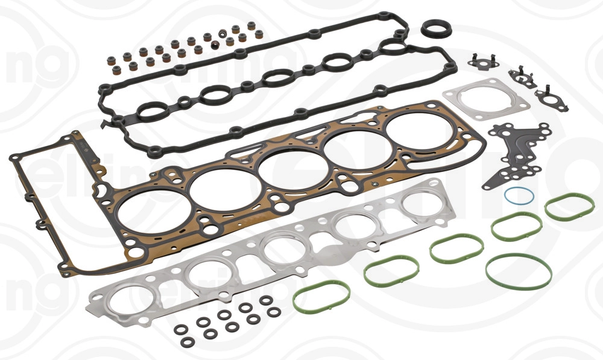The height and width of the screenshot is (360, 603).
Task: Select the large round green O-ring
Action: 519,271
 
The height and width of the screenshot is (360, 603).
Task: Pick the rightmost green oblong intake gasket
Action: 569,206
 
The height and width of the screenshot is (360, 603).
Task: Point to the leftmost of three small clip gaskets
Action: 481,60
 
